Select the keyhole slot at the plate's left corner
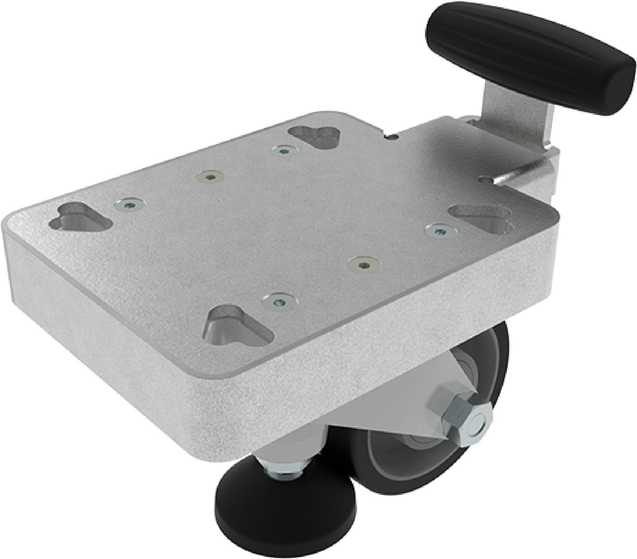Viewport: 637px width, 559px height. [x=82, y=217]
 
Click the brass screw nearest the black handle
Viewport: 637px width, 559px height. [x=362, y=264]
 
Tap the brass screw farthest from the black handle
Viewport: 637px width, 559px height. [x=211, y=176]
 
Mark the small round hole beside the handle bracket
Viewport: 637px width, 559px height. [x=483, y=180]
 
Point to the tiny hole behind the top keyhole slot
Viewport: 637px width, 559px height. [x=393, y=136]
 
